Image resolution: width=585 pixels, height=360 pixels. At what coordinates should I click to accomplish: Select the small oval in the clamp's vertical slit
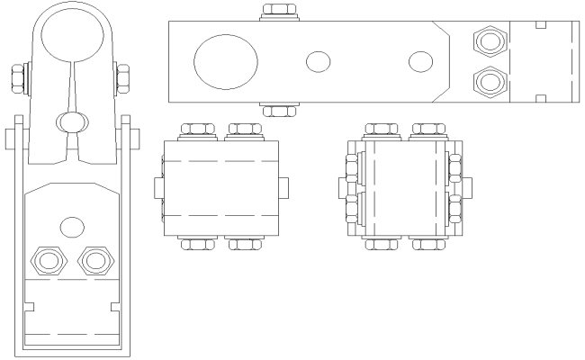tap(71, 120)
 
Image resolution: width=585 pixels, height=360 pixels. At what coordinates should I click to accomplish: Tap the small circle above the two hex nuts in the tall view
tap(71, 226)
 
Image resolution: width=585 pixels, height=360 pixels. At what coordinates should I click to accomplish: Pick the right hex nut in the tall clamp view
tap(94, 261)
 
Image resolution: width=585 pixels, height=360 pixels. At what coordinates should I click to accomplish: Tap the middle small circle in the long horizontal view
tap(318, 61)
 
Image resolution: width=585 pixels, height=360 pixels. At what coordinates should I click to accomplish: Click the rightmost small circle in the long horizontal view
tap(419, 61)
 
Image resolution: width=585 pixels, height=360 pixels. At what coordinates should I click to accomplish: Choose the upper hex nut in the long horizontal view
tap(490, 40)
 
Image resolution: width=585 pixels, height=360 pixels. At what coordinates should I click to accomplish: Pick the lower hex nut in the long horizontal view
tap(490, 82)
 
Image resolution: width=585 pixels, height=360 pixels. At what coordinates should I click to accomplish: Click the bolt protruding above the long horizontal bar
tap(278, 13)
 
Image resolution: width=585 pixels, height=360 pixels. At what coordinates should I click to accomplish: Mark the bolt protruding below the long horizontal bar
tap(278, 110)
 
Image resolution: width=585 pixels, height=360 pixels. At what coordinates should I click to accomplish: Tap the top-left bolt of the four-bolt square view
tap(198, 131)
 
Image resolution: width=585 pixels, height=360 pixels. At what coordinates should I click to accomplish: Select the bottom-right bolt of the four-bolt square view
tap(245, 242)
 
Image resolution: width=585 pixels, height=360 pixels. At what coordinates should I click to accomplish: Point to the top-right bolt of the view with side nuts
tap(428, 131)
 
